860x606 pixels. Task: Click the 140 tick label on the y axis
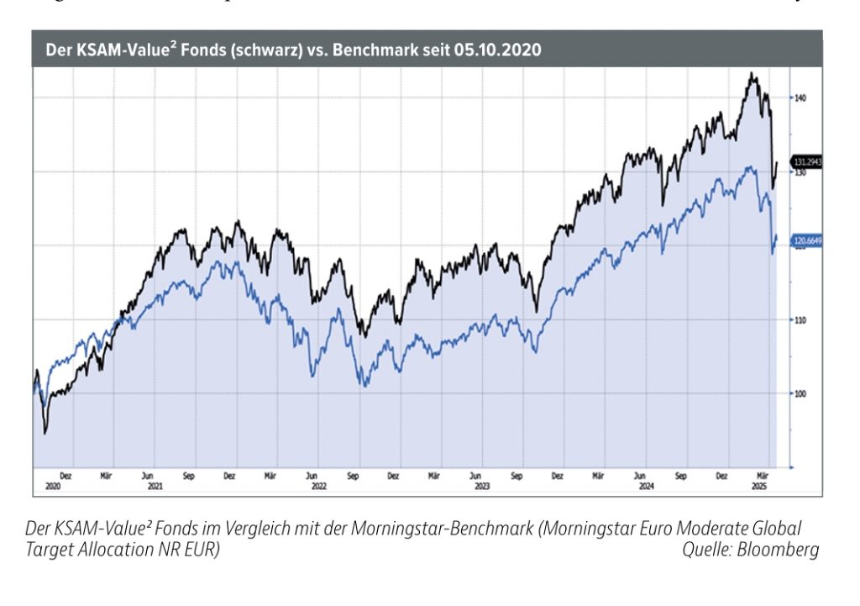[801, 97]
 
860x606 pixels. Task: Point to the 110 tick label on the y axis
[801, 320]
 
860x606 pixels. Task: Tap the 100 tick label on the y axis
[801, 393]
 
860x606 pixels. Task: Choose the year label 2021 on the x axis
[154, 485]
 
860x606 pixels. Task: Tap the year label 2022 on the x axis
[318, 485]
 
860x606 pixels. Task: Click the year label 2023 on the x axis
[481, 485]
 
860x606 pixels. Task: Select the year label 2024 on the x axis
[645, 485]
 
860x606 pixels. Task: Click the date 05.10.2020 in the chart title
[498, 50]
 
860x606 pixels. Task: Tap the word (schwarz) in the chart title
[263, 50]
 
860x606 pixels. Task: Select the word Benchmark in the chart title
[375, 50]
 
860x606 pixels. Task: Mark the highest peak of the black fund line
[751, 73]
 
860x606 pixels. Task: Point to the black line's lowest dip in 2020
[45, 432]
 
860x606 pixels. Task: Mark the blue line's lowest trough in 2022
[364, 386]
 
